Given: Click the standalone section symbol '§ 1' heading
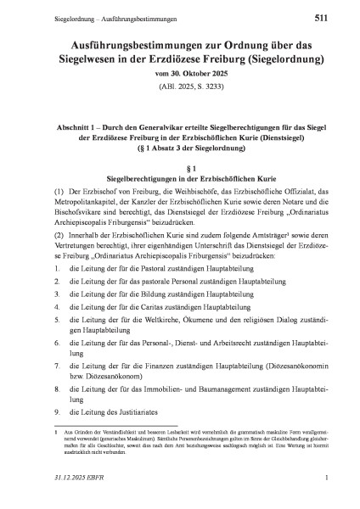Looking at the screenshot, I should click(x=179, y=149).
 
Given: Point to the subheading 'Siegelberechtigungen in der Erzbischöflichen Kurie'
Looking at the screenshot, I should click(x=179, y=161).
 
